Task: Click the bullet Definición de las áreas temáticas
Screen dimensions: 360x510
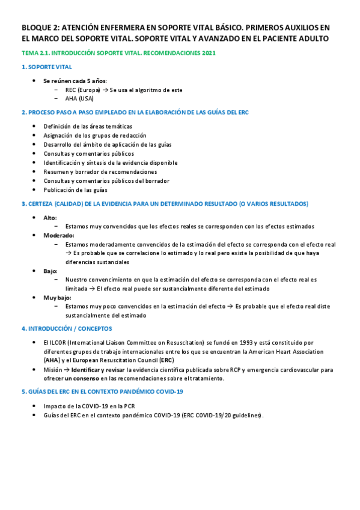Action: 88,126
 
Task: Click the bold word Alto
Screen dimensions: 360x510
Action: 50,217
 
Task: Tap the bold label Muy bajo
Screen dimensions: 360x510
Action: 57,297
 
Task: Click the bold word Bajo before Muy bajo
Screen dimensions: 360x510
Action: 50,271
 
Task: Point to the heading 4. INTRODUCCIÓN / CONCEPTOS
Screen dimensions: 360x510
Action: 67,329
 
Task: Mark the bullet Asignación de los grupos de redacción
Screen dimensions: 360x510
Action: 95,135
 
